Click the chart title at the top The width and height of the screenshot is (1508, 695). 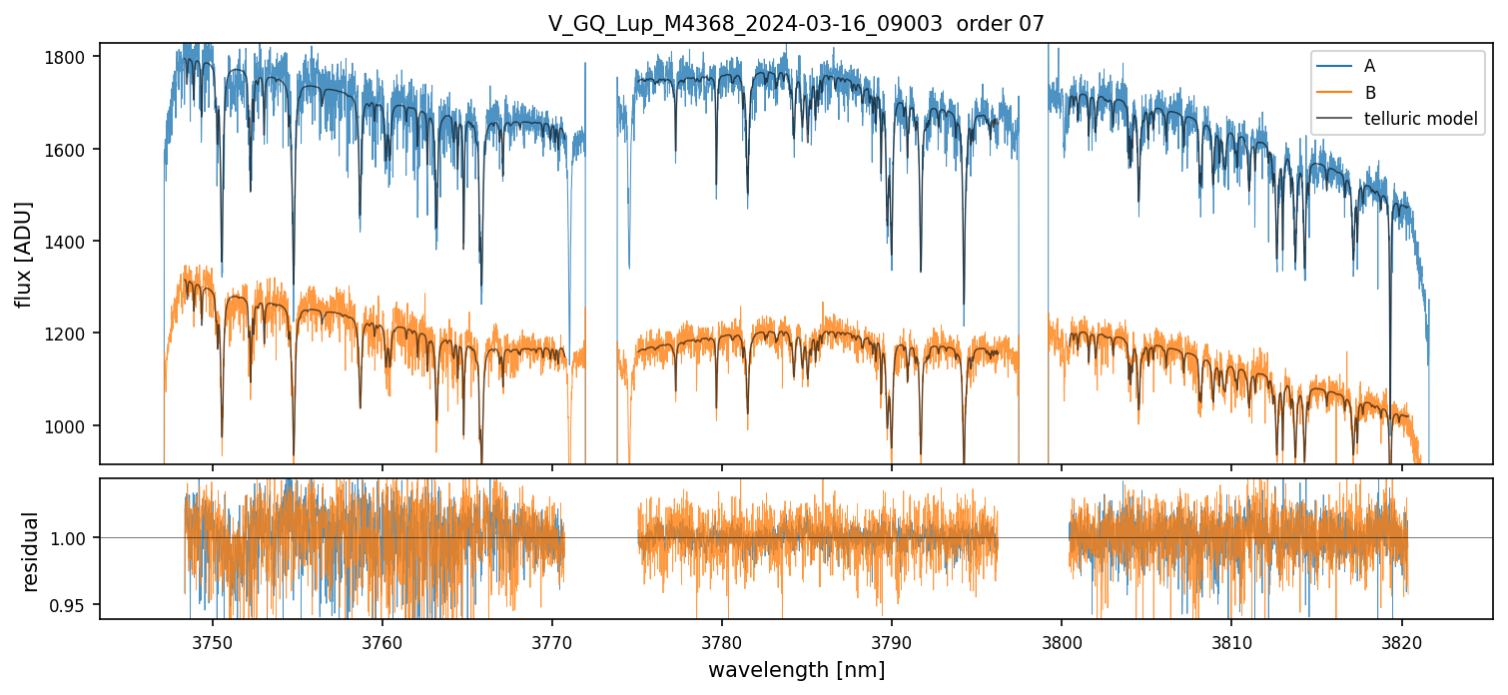(796, 24)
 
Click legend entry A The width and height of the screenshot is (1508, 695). (1369, 66)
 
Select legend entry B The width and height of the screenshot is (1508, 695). (1369, 93)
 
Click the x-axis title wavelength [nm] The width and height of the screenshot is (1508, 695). (796, 669)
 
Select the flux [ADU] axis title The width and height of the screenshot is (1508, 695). (23, 254)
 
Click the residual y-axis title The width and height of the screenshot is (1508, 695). (30, 551)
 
